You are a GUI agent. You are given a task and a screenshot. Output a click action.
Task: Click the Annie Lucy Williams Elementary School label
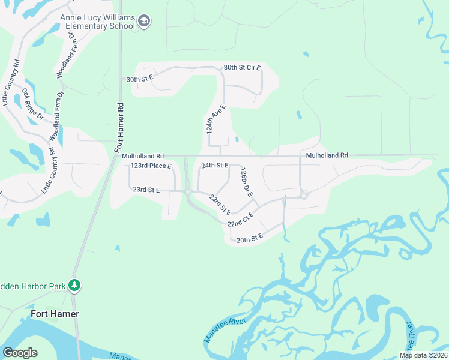pos(97,22)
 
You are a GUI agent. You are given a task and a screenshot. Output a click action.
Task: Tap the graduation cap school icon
pos(143,22)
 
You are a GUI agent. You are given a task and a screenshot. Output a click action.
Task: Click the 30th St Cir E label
pos(242,68)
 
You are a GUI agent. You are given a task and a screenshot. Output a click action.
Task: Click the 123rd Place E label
pos(151,166)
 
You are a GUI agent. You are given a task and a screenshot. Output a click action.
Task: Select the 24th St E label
pos(215,165)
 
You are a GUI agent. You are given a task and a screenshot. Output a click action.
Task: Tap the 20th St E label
pos(250,239)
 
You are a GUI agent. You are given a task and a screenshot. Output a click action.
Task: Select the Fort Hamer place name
pos(55,314)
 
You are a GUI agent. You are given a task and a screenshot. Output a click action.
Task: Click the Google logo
pos(20,353)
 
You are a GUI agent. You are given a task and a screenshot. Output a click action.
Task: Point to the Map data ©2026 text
pos(423,355)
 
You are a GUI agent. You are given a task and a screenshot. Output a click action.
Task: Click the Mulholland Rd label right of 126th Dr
pos(327,155)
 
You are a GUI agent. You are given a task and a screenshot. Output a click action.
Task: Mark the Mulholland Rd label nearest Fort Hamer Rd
pos(143,155)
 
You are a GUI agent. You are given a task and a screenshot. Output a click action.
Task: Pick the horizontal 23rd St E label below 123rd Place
pos(146,190)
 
